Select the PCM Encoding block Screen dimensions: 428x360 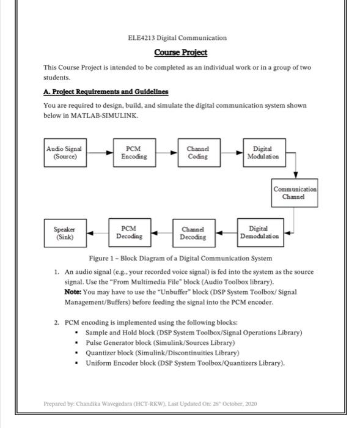pos(133,152)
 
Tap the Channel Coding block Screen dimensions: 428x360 pos(197,152)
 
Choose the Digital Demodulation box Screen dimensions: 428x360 pos(259,232)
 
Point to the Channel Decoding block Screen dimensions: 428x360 pos(194,232)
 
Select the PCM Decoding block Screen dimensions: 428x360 pos(129,232)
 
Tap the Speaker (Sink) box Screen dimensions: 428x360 pos(65,232)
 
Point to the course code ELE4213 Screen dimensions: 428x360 pos(142,38)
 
